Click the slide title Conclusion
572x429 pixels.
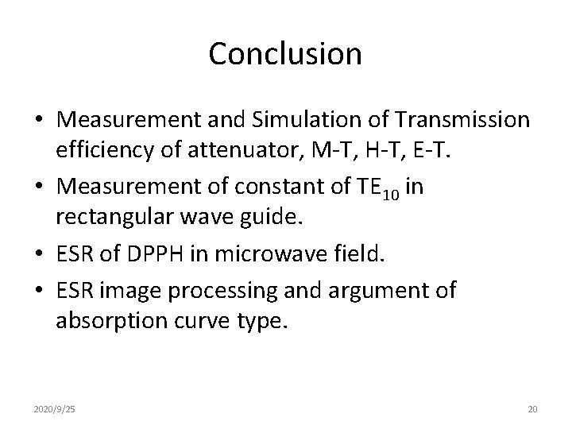pos(285,54)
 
